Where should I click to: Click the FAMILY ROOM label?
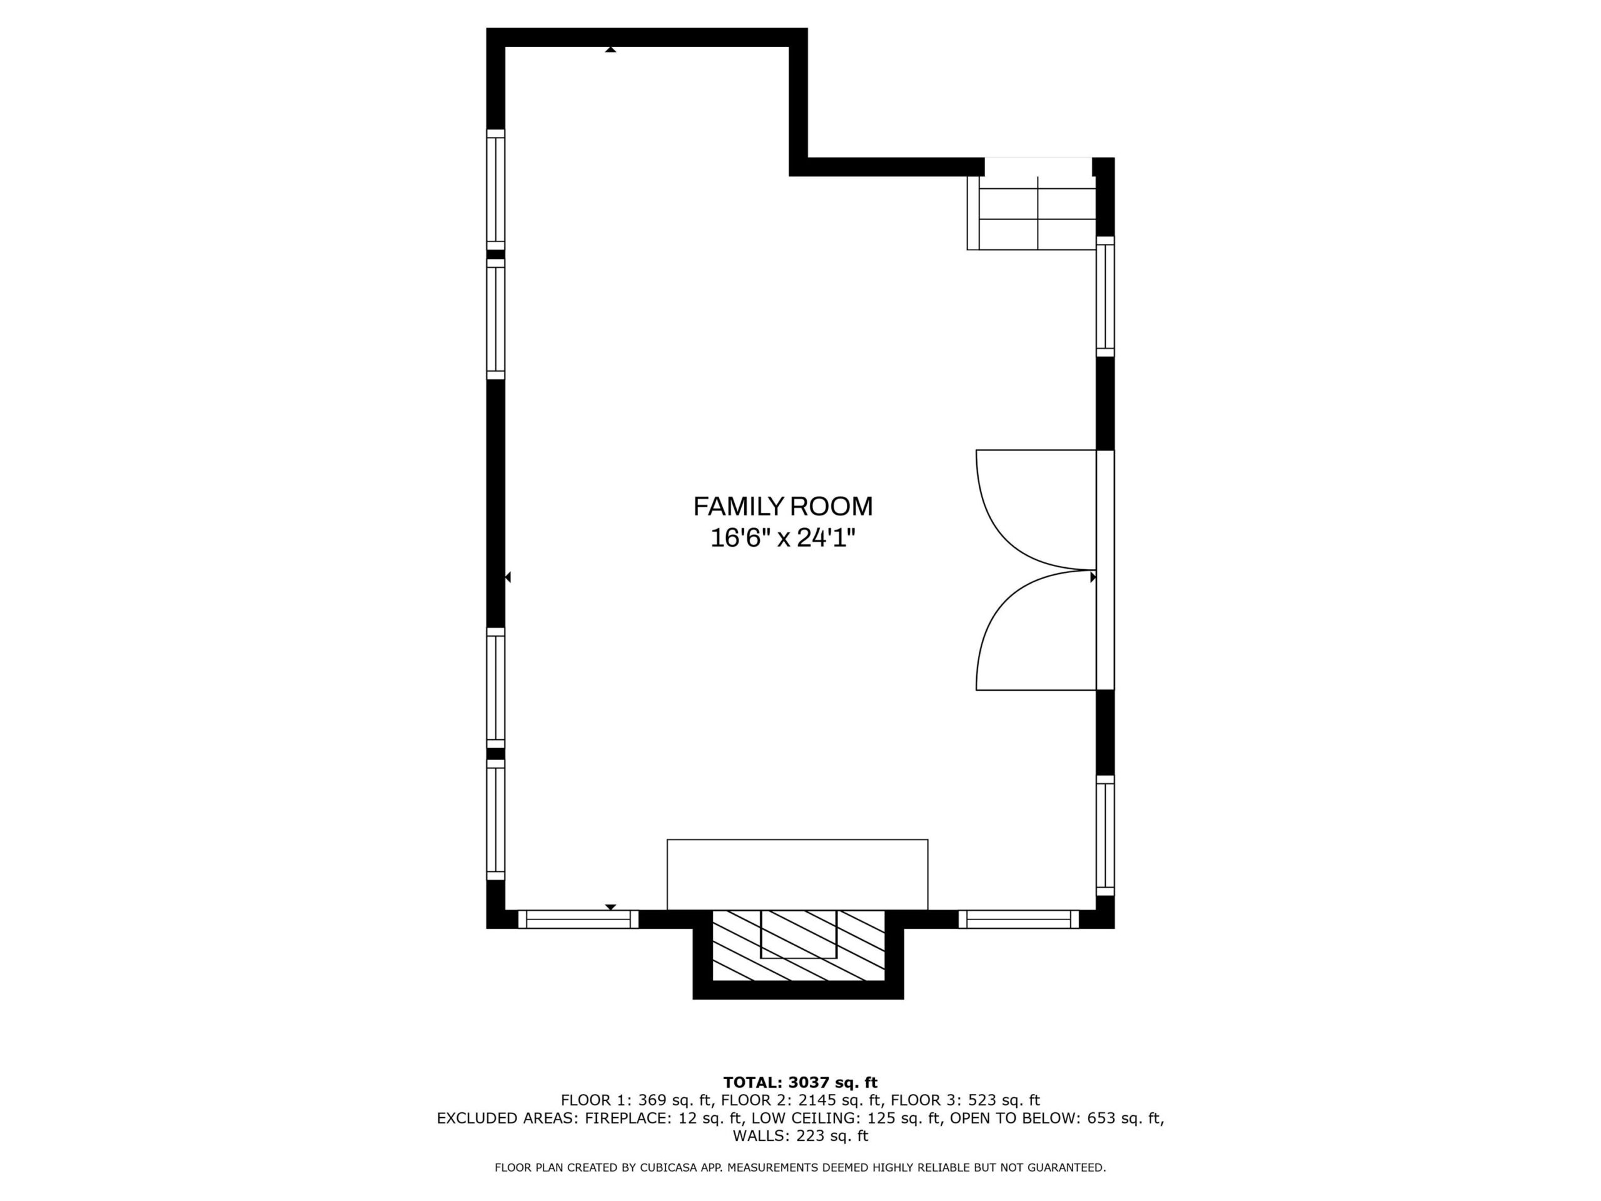[783, 506]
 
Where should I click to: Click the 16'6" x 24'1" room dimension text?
[783, 538]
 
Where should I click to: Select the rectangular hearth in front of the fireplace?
[797, 874]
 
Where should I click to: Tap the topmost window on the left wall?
[496, 190]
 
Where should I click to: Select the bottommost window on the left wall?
[496, 819]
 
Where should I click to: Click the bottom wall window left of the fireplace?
[578, 920]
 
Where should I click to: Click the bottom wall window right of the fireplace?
[1018, 920]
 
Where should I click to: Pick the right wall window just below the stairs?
[1105, 296]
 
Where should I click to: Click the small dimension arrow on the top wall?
[611, 50]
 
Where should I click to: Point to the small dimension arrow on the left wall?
[508, 577]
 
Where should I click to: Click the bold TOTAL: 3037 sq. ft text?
[800, 1082]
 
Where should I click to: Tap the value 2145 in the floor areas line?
[819, 1100]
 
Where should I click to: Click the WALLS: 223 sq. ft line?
[800, 1136]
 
